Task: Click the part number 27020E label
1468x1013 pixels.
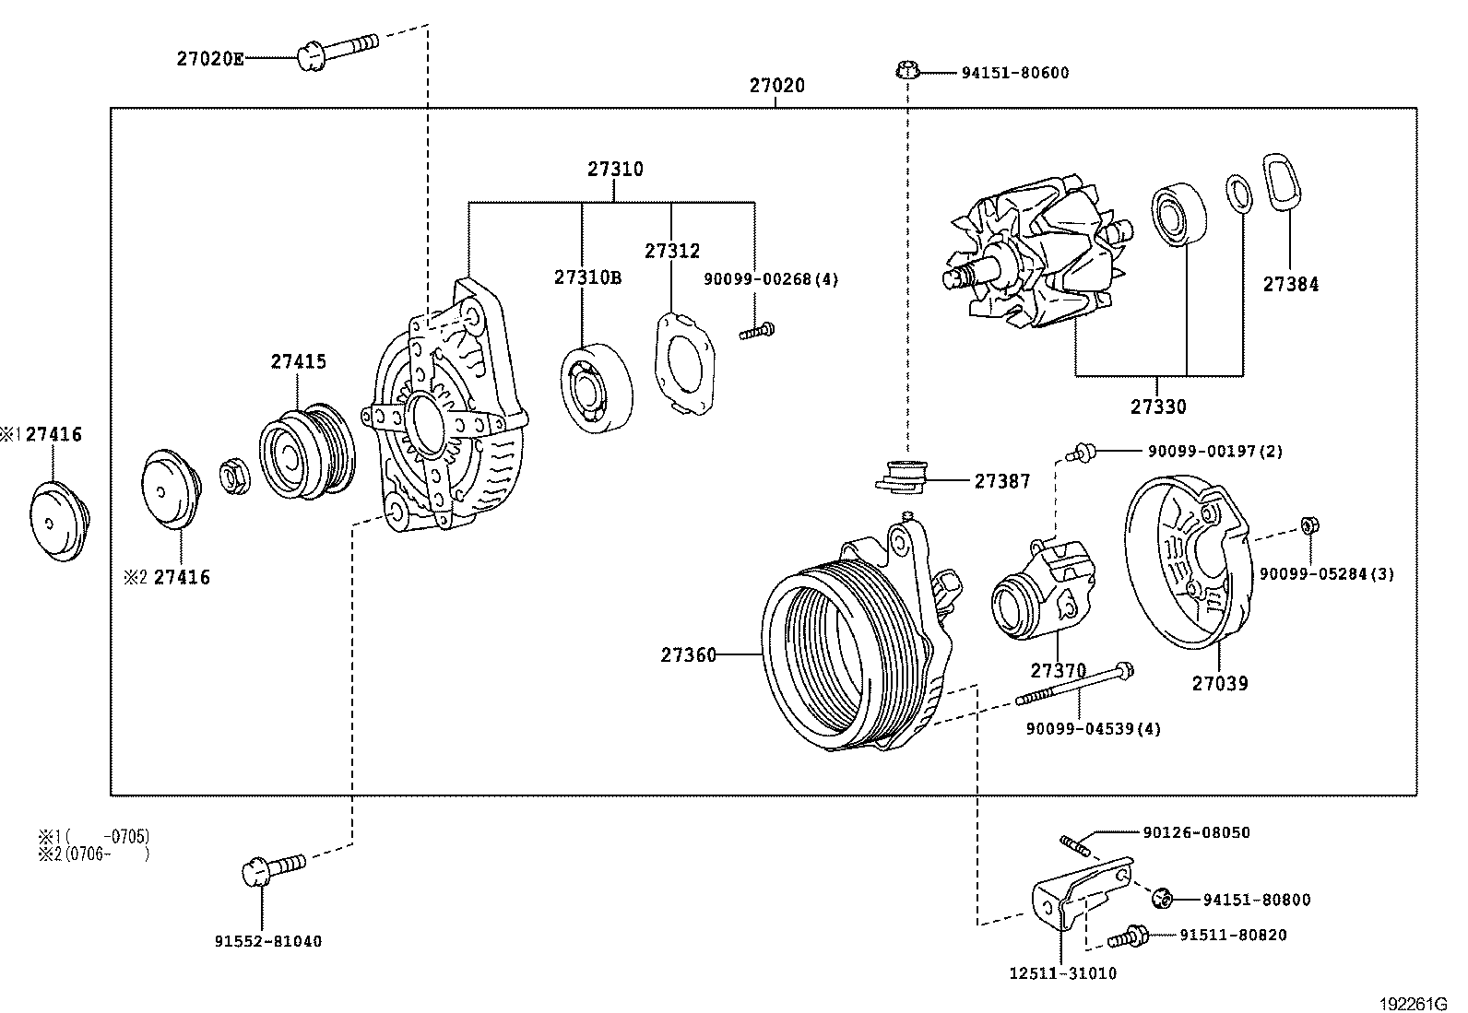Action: [x=210, y=59]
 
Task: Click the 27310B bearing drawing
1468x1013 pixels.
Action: [x=596, y=388]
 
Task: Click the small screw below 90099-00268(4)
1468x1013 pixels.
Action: [x=757, y=330]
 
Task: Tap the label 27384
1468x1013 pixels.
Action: [x=1290, y=285]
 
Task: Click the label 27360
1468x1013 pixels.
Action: [x=688, y=655]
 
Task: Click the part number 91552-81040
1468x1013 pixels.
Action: [x=268, y=942]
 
